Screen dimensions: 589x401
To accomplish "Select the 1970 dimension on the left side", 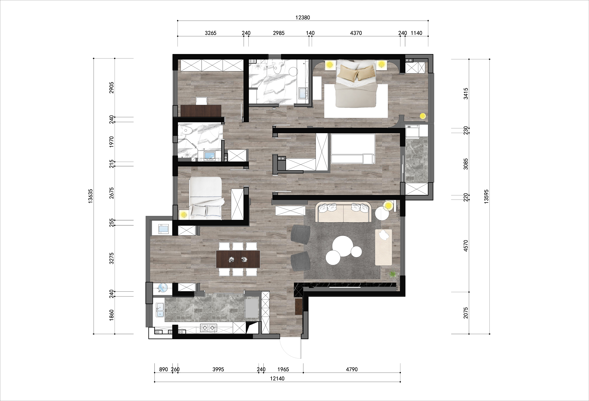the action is (x=112, y=142).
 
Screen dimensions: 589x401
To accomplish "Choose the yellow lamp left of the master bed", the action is (x=329, y=65).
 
